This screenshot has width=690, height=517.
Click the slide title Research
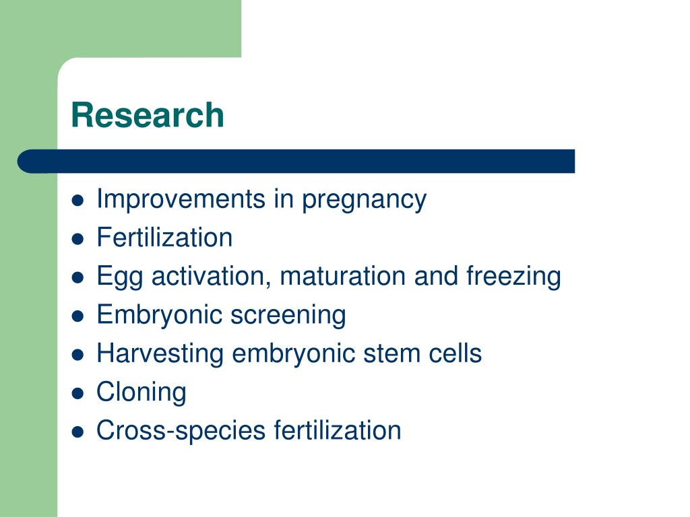pyautogui.click(x=147, y=115)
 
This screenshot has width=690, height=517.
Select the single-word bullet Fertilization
pyautogui.click(x=164, y=238)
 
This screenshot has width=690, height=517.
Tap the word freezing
pyautogui.click(x=514, y=277)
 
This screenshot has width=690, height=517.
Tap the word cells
pyautogui.click(x=458, y=353)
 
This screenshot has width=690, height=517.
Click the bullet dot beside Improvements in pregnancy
pyautogui.click(x=79, y=201)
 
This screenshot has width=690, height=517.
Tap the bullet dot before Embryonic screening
pyautogui.click(x=79, y=316)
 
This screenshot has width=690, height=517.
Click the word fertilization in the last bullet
pyautogui.click(x=337, y=430)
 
